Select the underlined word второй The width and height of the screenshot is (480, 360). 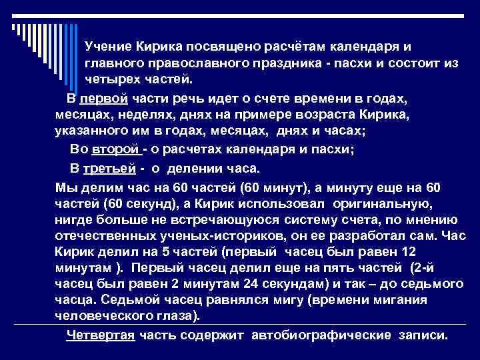109,149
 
